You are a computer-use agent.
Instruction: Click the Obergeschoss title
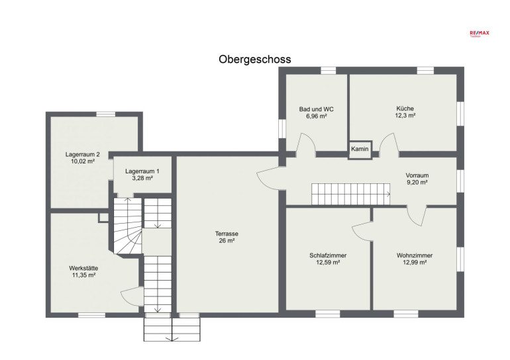click(x=255, y=60)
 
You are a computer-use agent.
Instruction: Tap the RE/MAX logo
click(x=480, y=33)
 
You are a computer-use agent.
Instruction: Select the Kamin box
click(x=360, y=150)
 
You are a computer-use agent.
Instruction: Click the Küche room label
click(x=405, y=109)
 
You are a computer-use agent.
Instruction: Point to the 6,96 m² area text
click(x=317, y=116)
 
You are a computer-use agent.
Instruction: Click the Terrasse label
click(x=227, y=234)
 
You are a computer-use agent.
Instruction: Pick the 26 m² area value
click(x=227, y=241)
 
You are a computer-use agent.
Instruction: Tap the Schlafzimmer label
click(x=328, y=255)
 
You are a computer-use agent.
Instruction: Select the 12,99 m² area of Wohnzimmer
click(x=415, y=263)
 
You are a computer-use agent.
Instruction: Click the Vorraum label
click(x=417, y=175)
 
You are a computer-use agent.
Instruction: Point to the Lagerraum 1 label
click(x=142, y=171)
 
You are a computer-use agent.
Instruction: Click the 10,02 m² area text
click(x=83, y=161)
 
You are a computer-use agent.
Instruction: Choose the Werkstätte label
click(x=83, y=269)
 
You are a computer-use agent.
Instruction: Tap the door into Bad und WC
click(x=306, y=142)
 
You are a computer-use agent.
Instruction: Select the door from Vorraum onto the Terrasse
click(x=268, y=178)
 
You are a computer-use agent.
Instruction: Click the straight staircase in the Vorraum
click(x=350, y=194)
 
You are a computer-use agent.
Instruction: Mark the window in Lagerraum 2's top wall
click(x=106, y=114)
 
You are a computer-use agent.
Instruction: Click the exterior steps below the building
click(x=172, y=330)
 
